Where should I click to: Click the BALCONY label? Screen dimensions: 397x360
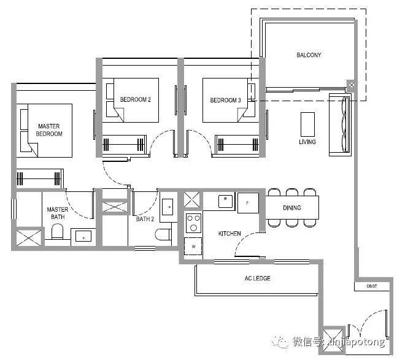point(309,55)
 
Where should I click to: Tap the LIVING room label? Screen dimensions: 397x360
point(307,142)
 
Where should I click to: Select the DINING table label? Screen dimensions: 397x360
point(292,208)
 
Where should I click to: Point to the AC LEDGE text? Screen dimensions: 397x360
point(258,278)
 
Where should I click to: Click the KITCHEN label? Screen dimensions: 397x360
point(229,233)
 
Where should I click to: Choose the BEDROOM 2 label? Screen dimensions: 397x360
point(136,99)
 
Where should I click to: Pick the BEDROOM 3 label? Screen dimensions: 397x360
point(225,100)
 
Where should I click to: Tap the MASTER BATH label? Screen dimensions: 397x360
point(58,213)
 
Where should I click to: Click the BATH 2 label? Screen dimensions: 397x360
point(145,219)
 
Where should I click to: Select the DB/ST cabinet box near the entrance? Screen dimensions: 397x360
point(372,286)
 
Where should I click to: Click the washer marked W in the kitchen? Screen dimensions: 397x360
point(193,246)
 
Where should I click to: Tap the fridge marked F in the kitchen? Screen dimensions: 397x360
point(248,202)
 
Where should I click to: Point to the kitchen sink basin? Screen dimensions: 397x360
point(225,201)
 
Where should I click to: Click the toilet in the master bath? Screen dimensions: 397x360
point(57,231)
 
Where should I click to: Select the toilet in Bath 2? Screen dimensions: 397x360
point(163,234)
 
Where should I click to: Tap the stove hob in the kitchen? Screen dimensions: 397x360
point(193,223)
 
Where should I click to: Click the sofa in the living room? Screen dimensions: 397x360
point(340,124)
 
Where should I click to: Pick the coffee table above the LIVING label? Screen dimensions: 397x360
point(307,124)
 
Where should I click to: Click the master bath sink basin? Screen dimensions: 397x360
point(83,237)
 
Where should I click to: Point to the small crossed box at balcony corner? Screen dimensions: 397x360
point(352,85)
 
